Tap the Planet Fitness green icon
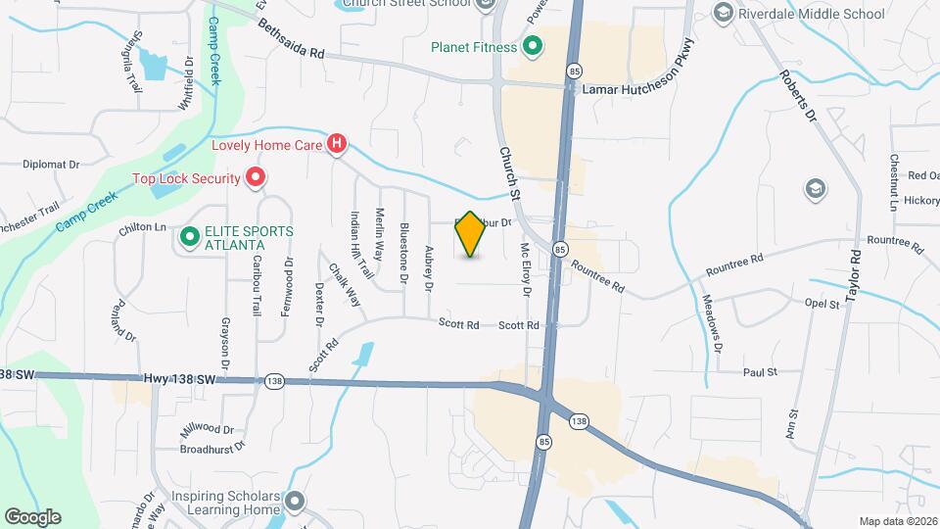click(x=534, y=45)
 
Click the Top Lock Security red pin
click(x=256, y=178)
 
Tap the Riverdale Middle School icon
click(x=724, y=13)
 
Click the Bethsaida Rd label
click(x=291, y=40)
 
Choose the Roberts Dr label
click(x=797, y=94)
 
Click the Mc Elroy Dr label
click(x=526, y=269)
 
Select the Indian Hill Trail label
click(x=361, y=245)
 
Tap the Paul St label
click(x=760, y=372)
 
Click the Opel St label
click(x=822, y=305)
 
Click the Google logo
click(x=32, y=516)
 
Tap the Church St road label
click(x=509, y=170)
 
